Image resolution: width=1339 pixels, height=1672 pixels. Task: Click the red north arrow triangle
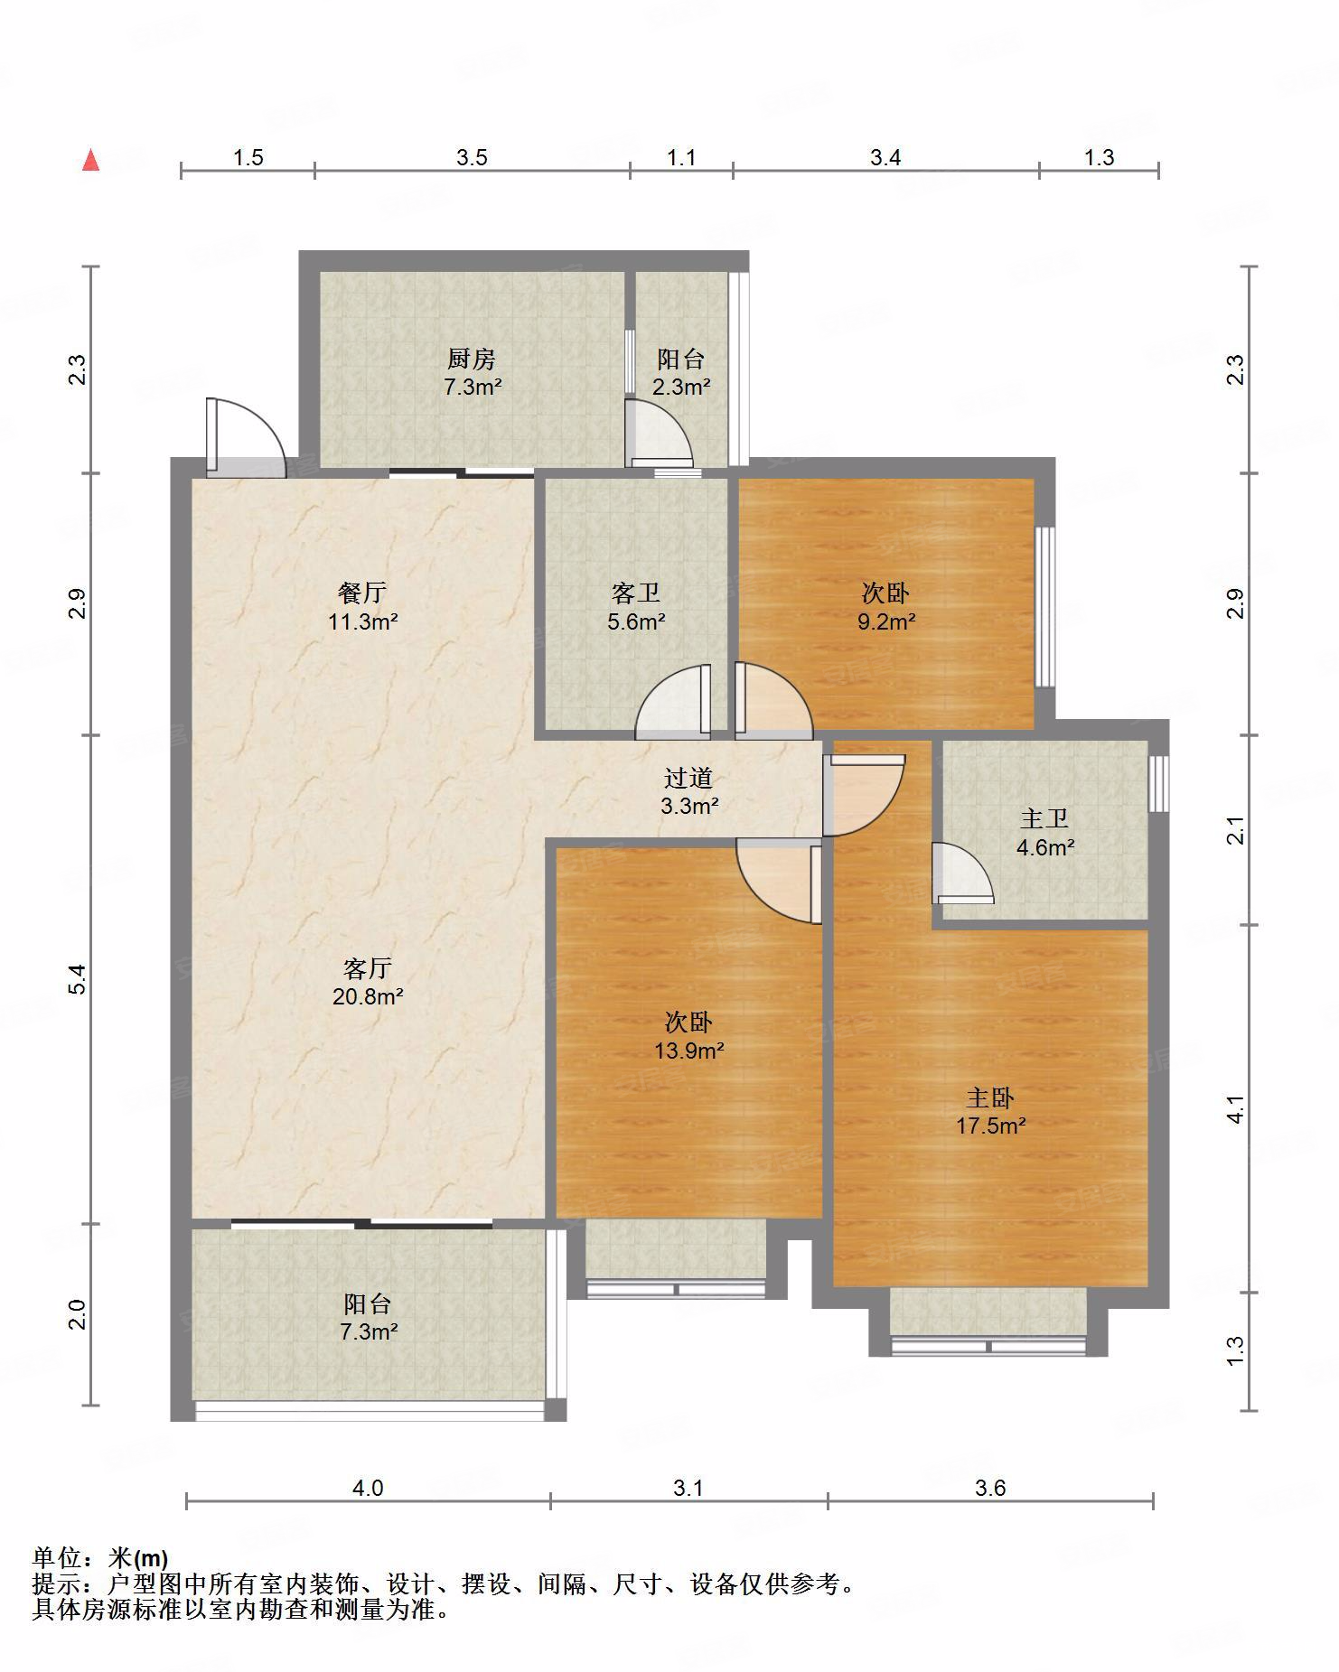(91, 161)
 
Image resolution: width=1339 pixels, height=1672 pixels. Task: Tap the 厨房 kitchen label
(472, 360)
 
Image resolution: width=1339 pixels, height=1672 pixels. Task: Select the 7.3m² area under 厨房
(472, 388)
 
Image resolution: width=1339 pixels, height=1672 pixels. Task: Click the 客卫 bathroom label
(636, 593)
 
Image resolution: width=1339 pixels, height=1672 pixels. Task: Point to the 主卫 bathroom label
(1044, 819)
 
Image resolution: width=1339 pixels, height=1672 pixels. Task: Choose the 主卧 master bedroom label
(990, 1098)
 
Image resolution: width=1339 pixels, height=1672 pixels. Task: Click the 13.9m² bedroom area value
(688, 1051)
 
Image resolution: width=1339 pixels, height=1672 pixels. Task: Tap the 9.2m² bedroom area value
(886, 621)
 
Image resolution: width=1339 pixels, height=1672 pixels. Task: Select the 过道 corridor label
(688, 778)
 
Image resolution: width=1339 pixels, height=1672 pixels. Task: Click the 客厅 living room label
(368, 969)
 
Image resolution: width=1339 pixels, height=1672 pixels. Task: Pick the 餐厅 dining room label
(362, 593)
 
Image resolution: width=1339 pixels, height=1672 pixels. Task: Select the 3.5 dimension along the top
(472, 158)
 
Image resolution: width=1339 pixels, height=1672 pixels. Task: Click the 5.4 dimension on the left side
(79, 980)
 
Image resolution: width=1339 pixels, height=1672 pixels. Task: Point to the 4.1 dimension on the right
(1236, 1109)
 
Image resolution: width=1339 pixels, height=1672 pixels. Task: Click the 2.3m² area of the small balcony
(681, 388)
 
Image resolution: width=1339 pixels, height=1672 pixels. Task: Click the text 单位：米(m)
(100, 1558)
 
